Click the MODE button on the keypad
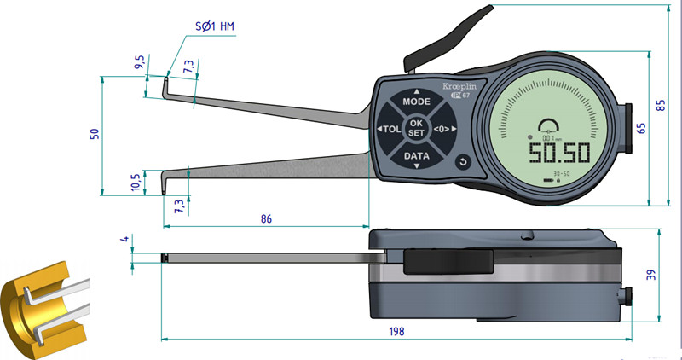point(416,101)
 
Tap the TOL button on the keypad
point(390,130)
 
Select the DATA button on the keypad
point(416,157)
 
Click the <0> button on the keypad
point(442,129)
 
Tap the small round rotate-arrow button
point(463,162)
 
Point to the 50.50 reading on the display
point(558,154)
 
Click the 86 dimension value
point(266,219)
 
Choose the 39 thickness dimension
point(651,274)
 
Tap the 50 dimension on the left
point(95,134)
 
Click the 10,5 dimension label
point(136,182)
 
